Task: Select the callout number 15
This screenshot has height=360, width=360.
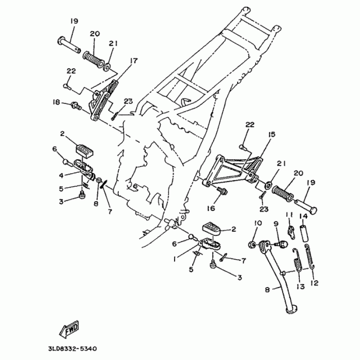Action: (272, 135)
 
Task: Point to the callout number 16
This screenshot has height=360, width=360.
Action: (211, 208)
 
